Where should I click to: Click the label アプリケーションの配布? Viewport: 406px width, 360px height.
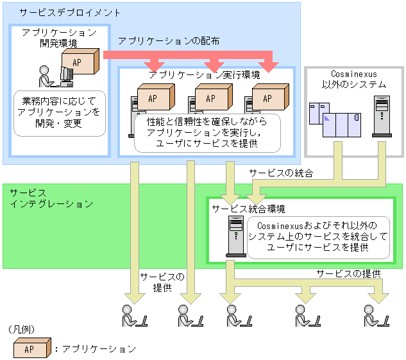point(169,40)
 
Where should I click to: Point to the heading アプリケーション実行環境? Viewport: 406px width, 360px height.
point(204,75)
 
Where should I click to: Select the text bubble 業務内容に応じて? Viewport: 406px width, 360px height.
point(60,112)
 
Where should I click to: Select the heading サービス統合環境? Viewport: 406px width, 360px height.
point(249,209)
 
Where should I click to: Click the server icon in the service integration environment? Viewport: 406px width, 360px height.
point(235,236)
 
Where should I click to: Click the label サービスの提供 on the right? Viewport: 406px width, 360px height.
point(348,273)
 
